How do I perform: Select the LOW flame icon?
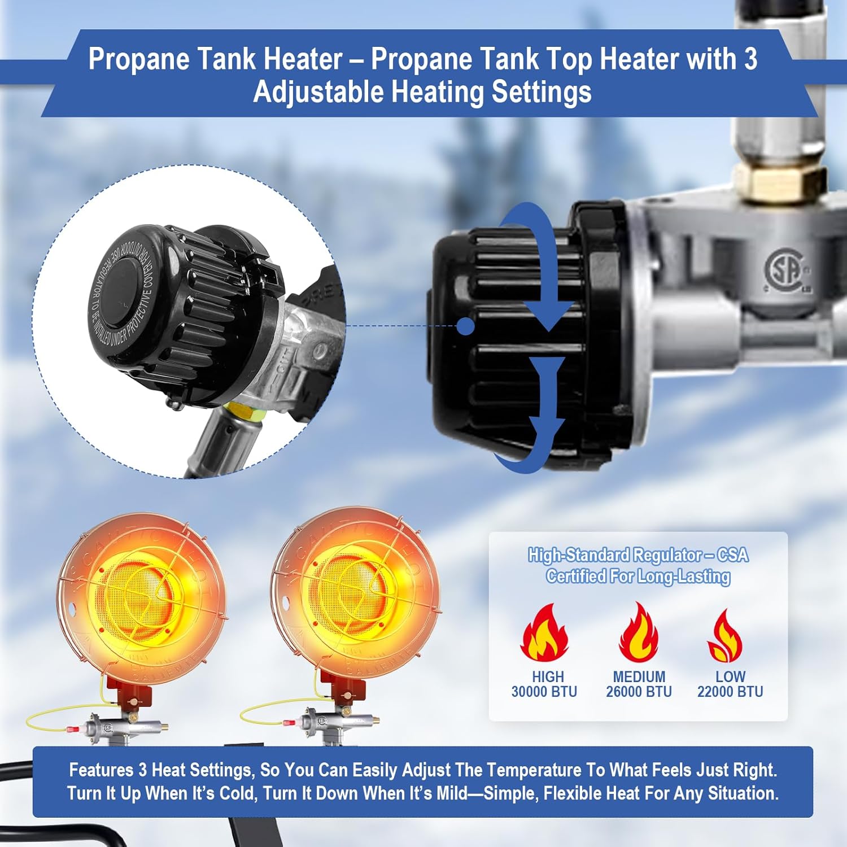[x=726, y=636]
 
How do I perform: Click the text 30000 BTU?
[x=544, y=692]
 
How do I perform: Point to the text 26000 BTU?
[x=639, y=692]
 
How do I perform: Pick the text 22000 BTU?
[x=730, y=692]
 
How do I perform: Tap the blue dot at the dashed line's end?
[x=465, y=326]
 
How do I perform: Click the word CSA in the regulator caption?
[x=733, y=556]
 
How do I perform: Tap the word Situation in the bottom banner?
[x=743, y=793]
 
